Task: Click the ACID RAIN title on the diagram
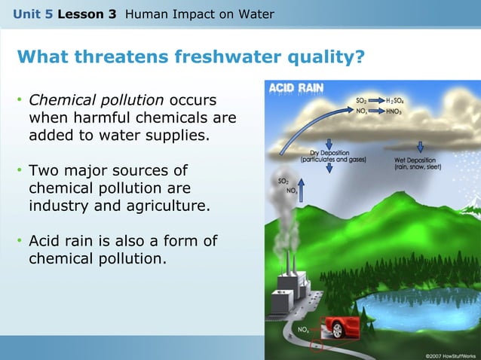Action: (x=297, y=88)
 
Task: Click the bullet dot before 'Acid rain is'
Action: (x=20, y=242)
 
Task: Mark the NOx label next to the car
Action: (x=303, y=330)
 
